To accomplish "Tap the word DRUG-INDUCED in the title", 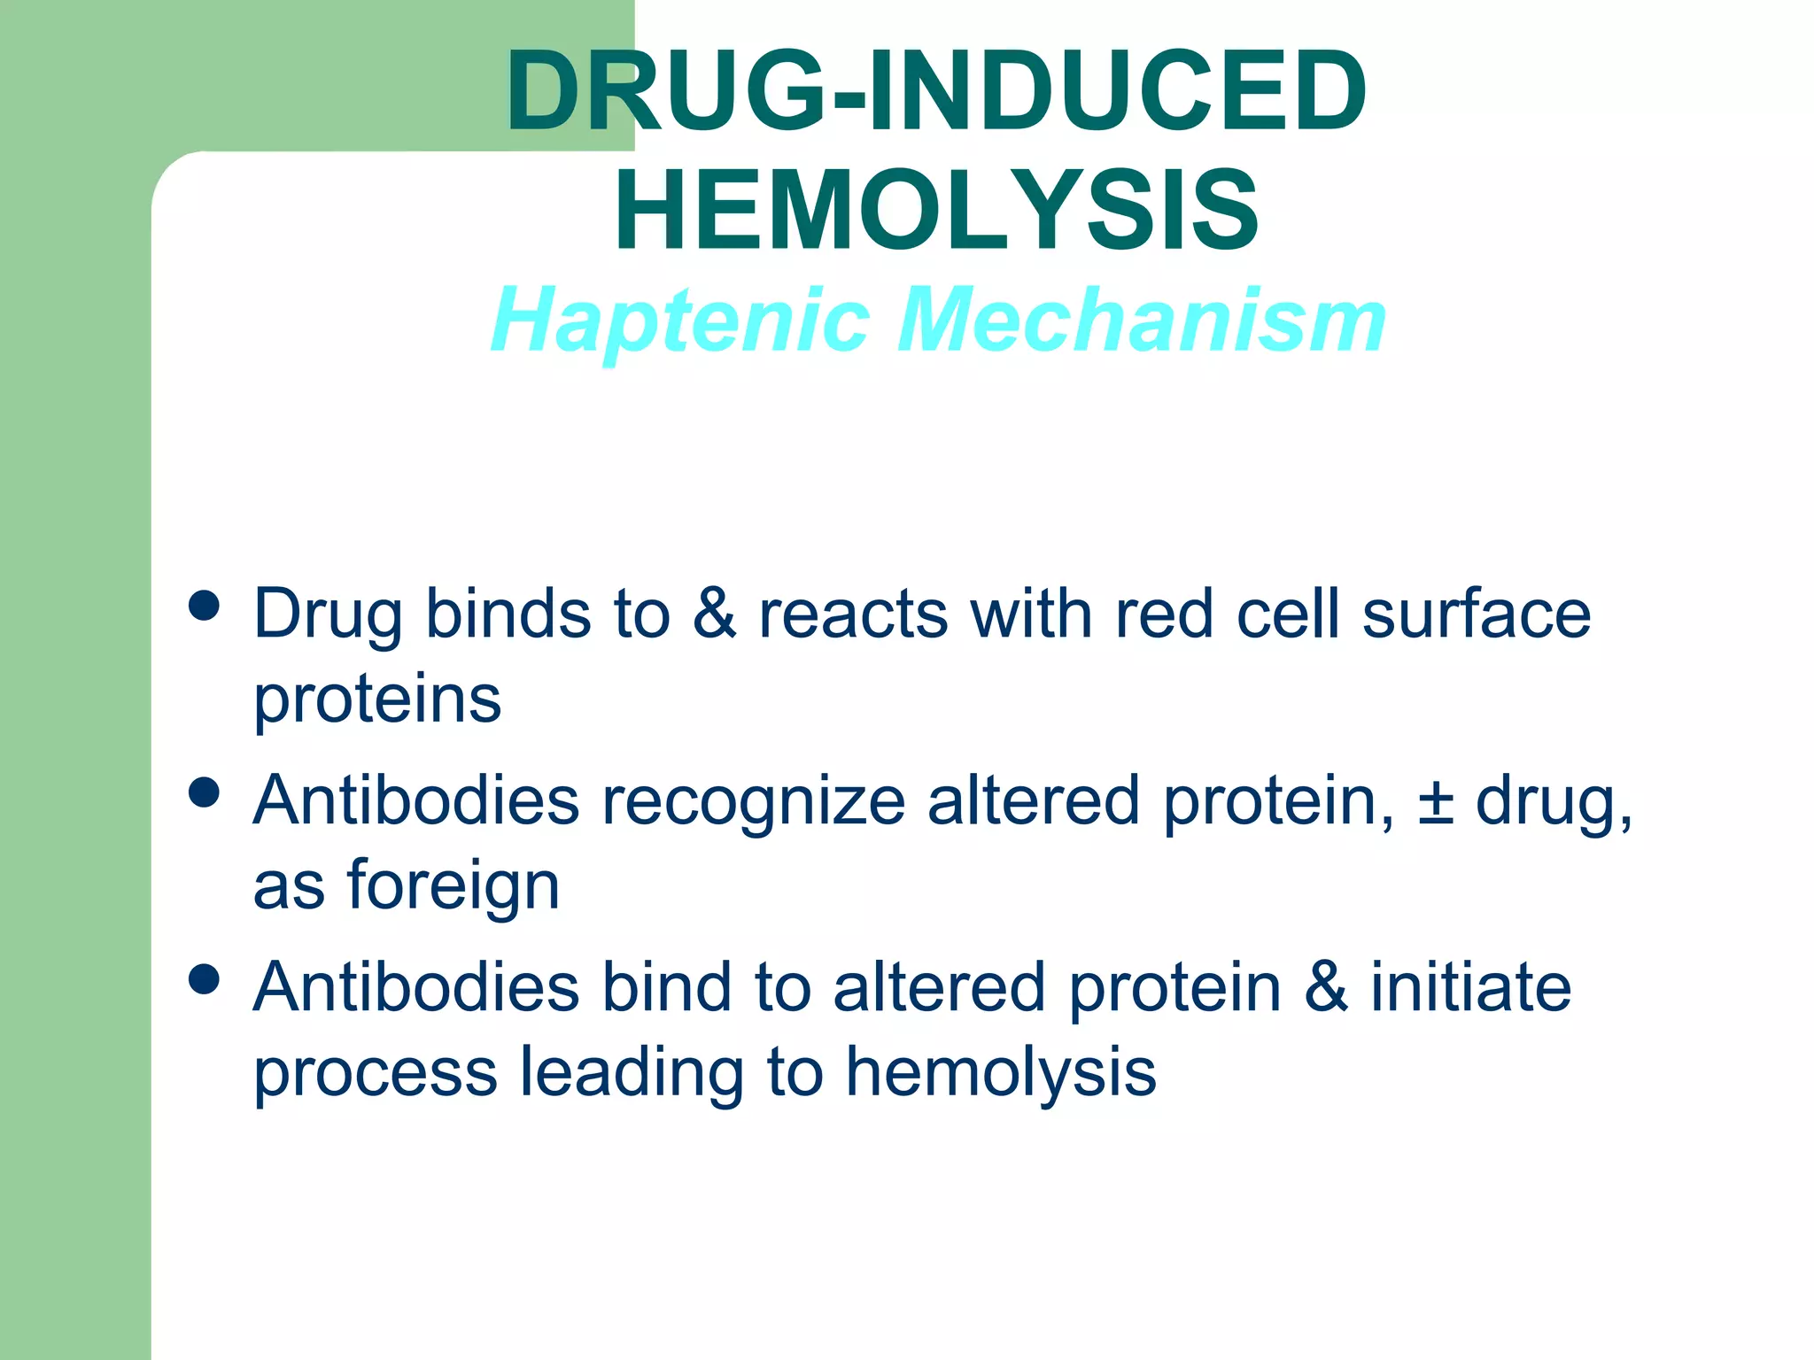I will point(936,91).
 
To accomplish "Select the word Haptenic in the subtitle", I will point(680,321).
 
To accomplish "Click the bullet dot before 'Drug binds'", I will point(205,607).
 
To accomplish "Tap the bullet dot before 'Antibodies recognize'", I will point(205,792).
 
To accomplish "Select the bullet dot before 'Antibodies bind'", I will point(205,979).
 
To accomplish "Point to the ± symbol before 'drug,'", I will point(1435,801).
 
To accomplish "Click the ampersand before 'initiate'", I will point(1326,987).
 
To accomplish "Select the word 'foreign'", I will point(453,886).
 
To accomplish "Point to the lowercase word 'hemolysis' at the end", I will point(1001,1072).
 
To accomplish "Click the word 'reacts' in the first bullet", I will point(853,615).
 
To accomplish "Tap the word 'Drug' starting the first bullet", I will point(328,615).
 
